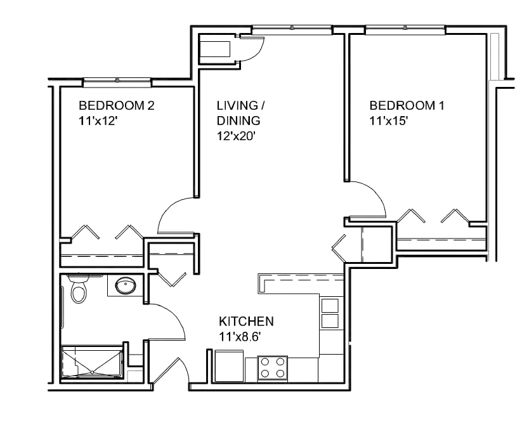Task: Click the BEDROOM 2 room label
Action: click(x=117, y=106)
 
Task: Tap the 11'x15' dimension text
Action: click(x=387, y=121)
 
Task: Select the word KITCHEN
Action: click(x=246, y=321)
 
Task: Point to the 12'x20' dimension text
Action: click(x=236, y=136)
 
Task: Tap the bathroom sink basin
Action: click(x=126, y=285)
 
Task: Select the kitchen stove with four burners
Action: click(x=273, y=369)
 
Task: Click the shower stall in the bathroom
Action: click(x=92, y=362)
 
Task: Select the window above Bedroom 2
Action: click(x=117, y=81)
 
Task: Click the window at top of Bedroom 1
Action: click(x=405, y=29)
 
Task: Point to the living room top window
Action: click(x=292, y=29)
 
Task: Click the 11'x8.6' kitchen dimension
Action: click(x=240, y=336)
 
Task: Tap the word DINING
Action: click(x=238, y=121)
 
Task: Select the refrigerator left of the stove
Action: click(x=230, y=366)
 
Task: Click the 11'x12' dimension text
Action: click(x=98, y=121)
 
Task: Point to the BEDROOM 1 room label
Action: click(x=407, y=106)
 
